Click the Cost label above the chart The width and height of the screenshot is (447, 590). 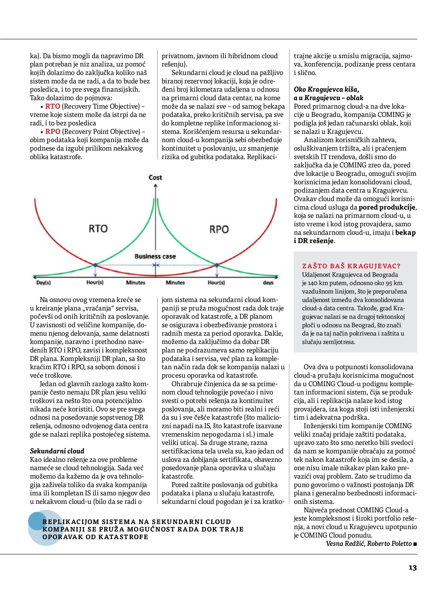[155, 177]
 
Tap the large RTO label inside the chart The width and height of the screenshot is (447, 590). [98, 228]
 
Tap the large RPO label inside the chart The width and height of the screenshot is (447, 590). [219, 229]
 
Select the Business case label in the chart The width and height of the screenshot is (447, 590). [155, 256]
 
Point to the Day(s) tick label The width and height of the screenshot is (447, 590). [43, 282]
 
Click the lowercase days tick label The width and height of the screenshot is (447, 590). [268, 282]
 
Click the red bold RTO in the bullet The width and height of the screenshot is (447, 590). [52, 106]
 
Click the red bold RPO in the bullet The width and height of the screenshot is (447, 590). [52, 131]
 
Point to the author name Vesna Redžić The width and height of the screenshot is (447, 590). [345, 544]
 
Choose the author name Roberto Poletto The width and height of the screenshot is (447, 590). [389, 544]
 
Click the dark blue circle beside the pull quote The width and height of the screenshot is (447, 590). [38, 521]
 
